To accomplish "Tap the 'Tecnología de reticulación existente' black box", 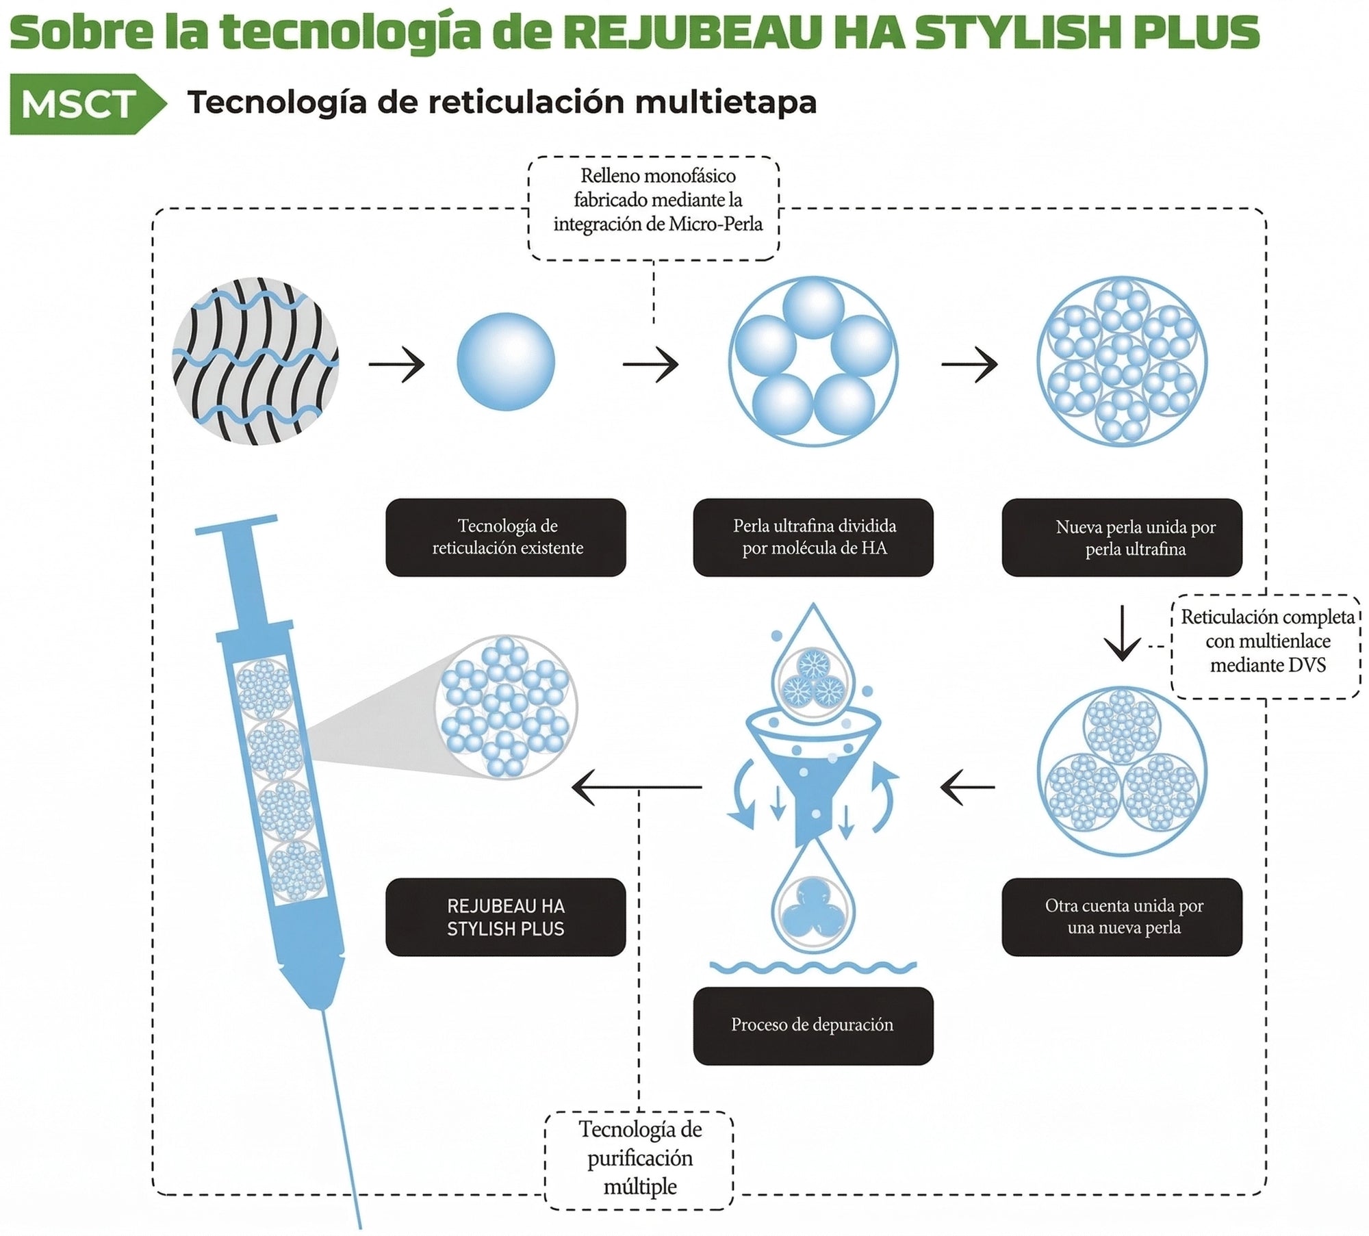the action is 506,537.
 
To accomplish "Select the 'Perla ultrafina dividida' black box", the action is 813,537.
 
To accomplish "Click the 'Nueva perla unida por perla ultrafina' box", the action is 1122,537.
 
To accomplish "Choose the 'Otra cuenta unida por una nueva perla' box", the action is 1122,917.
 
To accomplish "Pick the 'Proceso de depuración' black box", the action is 813,1026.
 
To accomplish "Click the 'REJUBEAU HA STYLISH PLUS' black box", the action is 506,917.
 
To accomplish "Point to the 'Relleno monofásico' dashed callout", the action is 654,208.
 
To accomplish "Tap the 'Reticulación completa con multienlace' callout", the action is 1266,647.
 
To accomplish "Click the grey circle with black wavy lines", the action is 255,361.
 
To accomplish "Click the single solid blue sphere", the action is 506,361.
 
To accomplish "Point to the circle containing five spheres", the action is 813,361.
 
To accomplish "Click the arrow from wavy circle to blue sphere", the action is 397,363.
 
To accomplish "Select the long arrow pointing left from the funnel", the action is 637,787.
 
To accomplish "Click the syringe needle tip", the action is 359,1228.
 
